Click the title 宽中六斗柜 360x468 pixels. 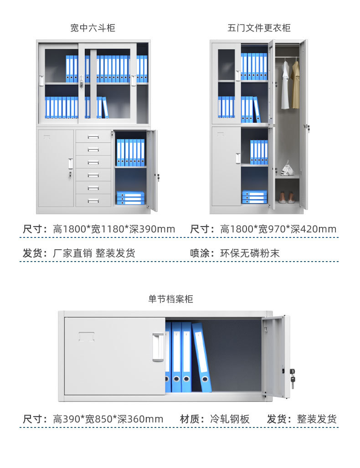tap(93, 28)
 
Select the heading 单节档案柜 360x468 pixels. tap(170, 299)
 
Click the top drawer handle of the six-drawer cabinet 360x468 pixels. tap(93, 137)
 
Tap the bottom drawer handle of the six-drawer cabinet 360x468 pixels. tap(93, 201)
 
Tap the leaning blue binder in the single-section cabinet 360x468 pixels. tap(201, 357)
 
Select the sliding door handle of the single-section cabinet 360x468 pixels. tap(158, 347)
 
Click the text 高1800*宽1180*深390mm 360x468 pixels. tap(114, 229)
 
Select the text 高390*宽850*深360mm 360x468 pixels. tap(108, 419)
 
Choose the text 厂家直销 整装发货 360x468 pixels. tap(94, 253)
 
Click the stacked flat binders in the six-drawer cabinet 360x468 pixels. tap(130, 197)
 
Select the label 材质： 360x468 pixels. tap(192, 419)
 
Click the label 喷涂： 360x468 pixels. tap(202, 253)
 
